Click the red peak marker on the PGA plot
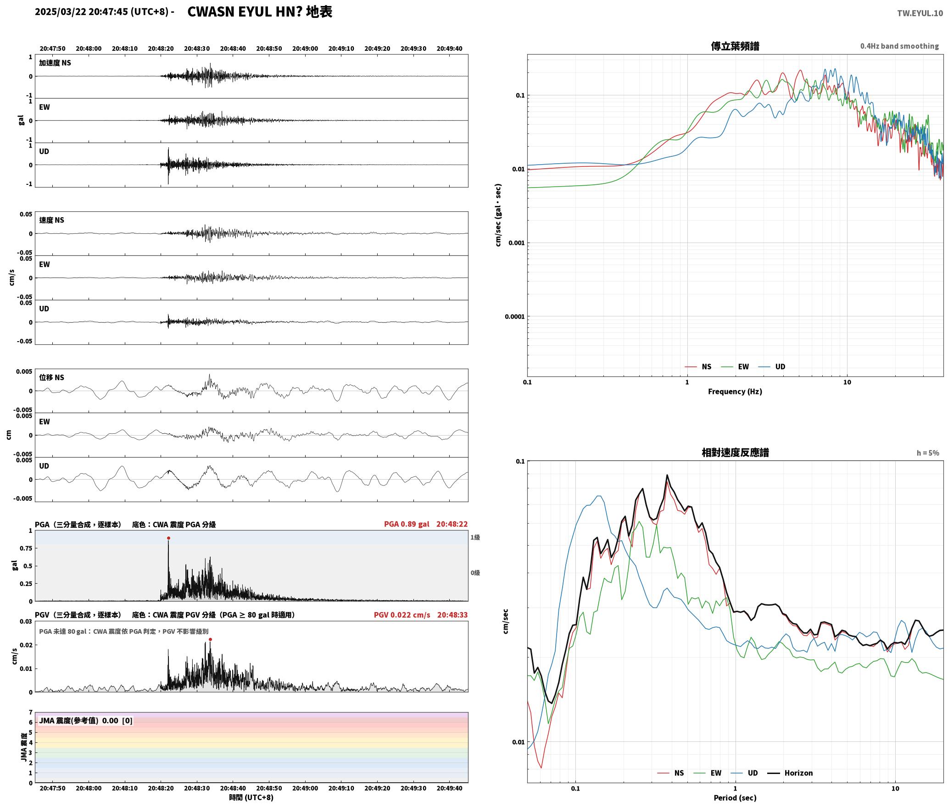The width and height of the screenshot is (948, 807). coord(168,538)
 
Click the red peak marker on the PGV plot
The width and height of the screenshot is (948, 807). coord(210,639)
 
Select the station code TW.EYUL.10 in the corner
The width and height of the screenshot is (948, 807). coord(920,13)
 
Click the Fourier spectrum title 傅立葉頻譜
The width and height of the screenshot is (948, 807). coord(735,46)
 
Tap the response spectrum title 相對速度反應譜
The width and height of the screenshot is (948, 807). coord(735,453)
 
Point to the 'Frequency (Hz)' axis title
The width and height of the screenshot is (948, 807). coord(735,391)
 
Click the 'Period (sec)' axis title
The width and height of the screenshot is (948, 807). coord(735,797)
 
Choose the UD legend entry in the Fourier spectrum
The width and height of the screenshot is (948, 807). coord(772,366)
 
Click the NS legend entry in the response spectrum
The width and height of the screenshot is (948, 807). coord(671,773)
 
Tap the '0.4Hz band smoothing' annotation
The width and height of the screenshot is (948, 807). coord(899,46)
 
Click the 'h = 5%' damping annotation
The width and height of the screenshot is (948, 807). coord(928,453)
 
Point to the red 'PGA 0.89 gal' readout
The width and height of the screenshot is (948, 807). coord(407,524)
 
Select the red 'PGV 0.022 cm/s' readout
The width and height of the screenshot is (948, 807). coord(402,614)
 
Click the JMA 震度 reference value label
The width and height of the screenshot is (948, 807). coord(86,720)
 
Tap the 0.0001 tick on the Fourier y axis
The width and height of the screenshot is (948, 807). coord(514,316)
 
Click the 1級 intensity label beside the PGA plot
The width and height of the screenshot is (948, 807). coord(475,537)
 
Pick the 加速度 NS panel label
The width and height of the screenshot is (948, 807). coord(55,63)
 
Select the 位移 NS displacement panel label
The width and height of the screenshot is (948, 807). coord(52,377)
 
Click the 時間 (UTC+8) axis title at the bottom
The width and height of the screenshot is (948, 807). coord(251,797)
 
